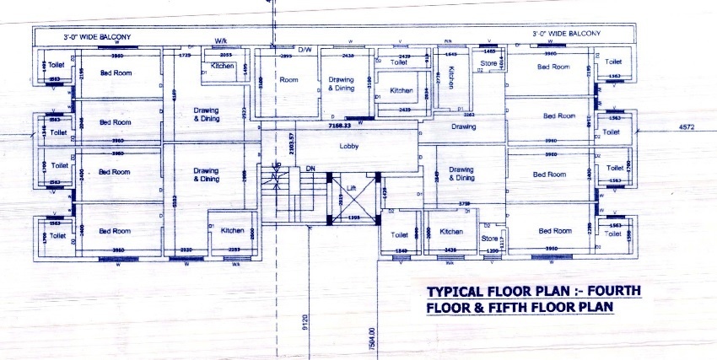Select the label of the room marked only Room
289,80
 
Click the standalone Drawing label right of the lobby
463,127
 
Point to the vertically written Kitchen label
452,78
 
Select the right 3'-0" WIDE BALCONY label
565,33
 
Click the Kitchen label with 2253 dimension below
233,230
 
